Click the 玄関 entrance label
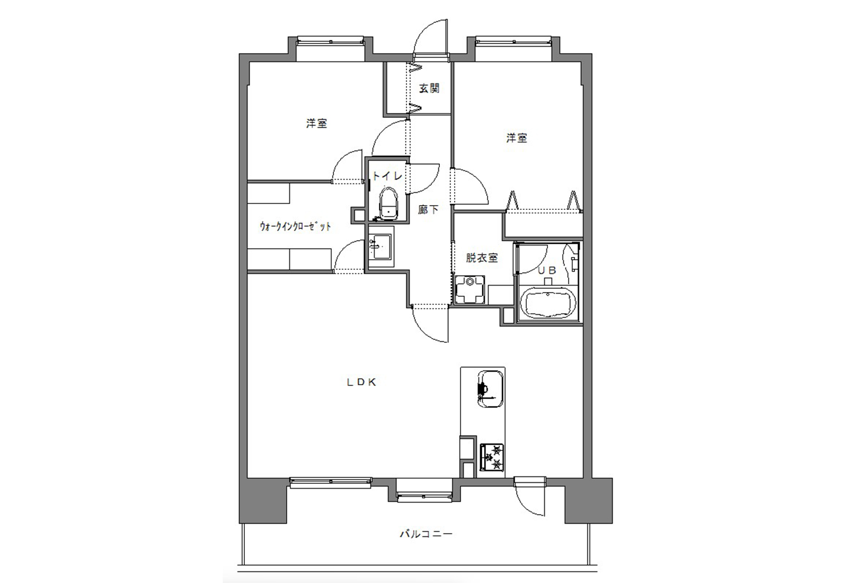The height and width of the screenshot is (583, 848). click(x=429, y=89)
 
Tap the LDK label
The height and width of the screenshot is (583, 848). click(x=361, y=382)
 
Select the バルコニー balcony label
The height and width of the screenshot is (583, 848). click(x=426, y=534)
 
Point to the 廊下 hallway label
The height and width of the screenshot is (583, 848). click(x=428, y=209)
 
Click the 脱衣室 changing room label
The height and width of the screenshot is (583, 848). click(x=482, y=258)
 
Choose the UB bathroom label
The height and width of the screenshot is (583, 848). click(x=547, y=270)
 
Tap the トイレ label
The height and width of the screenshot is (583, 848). click(x=387, y=176)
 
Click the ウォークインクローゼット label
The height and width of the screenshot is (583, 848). click(x=295, y=226)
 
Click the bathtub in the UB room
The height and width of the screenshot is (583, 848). click(x=549, y=303)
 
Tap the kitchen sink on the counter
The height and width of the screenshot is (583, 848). click(x=490, y=389)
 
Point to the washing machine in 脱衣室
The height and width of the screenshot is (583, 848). click(x=470, y=289)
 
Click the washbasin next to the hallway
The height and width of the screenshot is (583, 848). click(x=381, y=247)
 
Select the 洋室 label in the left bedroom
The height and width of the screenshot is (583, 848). click(x=316, y=123)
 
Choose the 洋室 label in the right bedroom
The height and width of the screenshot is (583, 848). click(x=517, y=138)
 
